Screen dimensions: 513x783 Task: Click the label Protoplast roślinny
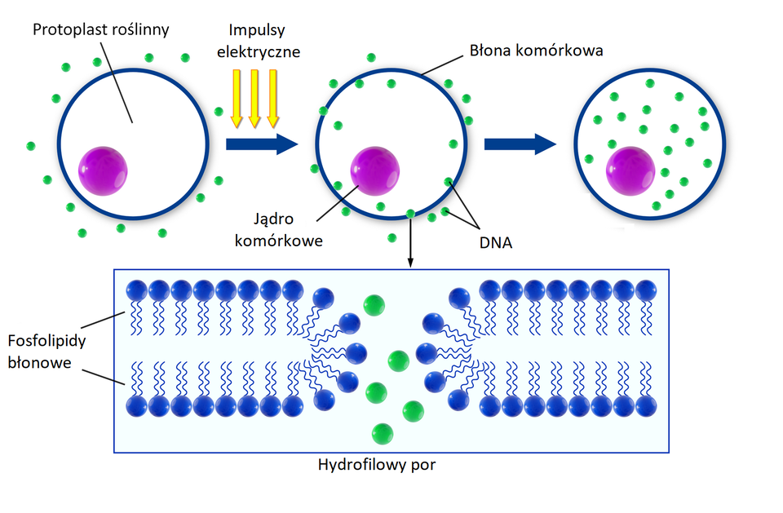100,30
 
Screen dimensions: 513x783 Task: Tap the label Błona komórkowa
536,51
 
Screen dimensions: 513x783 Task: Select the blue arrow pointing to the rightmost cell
520,144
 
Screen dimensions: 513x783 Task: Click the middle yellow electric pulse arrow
254,99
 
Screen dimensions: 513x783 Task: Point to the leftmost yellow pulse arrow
237,99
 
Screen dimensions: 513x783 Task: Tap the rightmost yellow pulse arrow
272,99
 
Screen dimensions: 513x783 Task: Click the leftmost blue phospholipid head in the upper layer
136,290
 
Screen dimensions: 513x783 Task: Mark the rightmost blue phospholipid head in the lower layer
646,405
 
